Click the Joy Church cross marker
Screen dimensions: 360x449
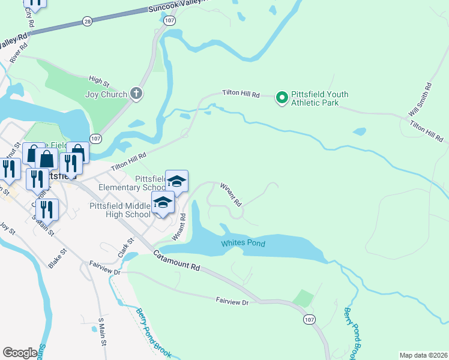click(137, 94)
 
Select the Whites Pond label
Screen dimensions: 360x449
click(243, 244)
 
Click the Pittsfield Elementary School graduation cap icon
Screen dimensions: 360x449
click(176, 181)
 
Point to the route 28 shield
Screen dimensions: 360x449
click(87, 21)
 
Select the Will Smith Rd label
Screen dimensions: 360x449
click(421, 101)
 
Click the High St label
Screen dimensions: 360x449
click(97, 79)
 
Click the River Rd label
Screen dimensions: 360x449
click(16, 52)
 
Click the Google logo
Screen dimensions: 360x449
click(20, 353)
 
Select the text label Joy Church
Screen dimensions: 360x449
click(106, 94)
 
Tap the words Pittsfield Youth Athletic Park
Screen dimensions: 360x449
click(319, 98)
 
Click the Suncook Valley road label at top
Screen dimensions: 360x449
click(180, 6)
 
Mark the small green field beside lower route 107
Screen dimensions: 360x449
click(304, 298)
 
